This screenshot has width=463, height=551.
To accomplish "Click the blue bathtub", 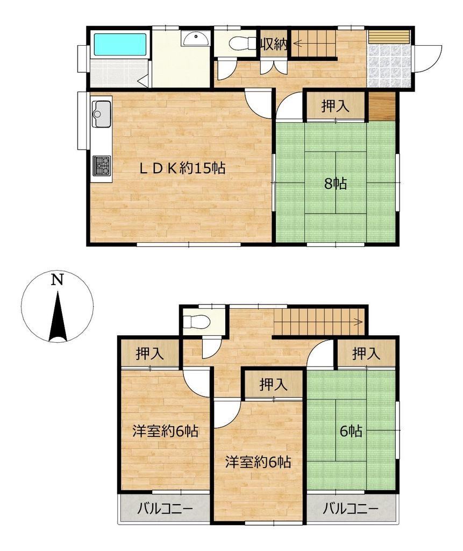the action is click(x=120, y=44).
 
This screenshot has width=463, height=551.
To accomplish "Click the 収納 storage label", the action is click(x=274, y=44).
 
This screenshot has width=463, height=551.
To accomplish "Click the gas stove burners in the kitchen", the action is click(x=102, y=166).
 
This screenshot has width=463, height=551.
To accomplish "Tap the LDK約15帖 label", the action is click(x=182, y=168).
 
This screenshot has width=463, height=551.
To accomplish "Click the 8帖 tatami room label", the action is click(x=336, y=183).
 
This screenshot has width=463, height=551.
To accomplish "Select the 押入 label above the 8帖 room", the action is click(x=336, y=106).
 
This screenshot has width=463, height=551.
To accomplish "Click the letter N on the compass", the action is click(x=57, y=280).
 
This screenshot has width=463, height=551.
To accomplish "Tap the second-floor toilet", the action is click(x=197, y=321).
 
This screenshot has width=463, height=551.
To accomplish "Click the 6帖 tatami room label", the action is click(x=351, y=431).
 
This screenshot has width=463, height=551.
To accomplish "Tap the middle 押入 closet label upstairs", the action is click(x=274, y=384).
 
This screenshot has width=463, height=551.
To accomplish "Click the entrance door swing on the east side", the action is click(x=428, y=58).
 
